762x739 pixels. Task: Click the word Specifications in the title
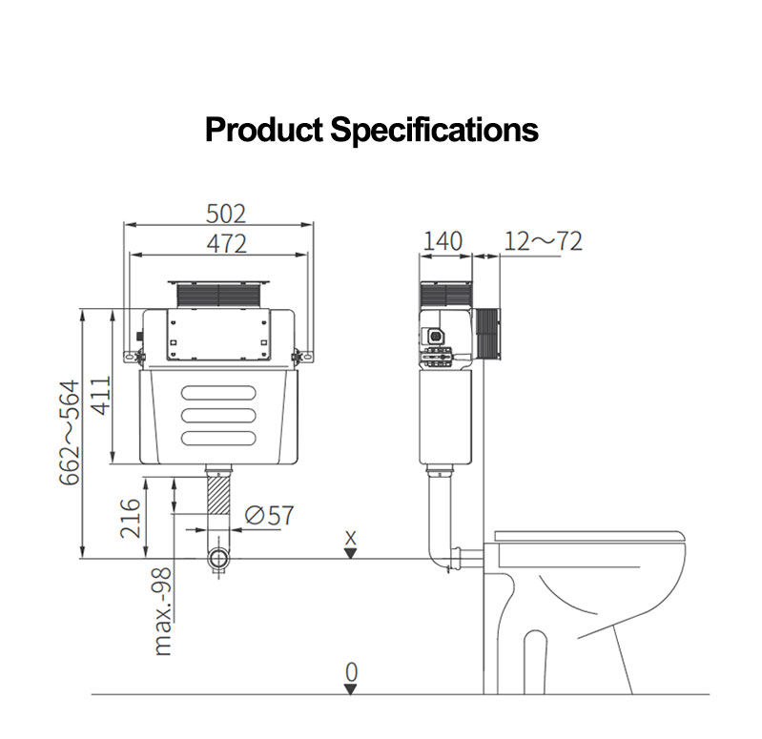[434, 129]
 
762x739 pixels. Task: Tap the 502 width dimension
[226, 213]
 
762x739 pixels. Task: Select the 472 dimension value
[226, 243]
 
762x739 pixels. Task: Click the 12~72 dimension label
[543, 241]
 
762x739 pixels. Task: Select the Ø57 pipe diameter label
[269, 516]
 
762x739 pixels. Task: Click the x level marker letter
[350, 537]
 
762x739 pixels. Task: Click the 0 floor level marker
[351, 672]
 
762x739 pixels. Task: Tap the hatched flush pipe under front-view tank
[220, 504]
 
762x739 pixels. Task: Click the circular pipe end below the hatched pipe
[219, 559]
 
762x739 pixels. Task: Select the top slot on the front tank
[219, 392]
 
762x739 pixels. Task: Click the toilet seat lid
[591, 535]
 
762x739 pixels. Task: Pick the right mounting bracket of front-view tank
[304, 356]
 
